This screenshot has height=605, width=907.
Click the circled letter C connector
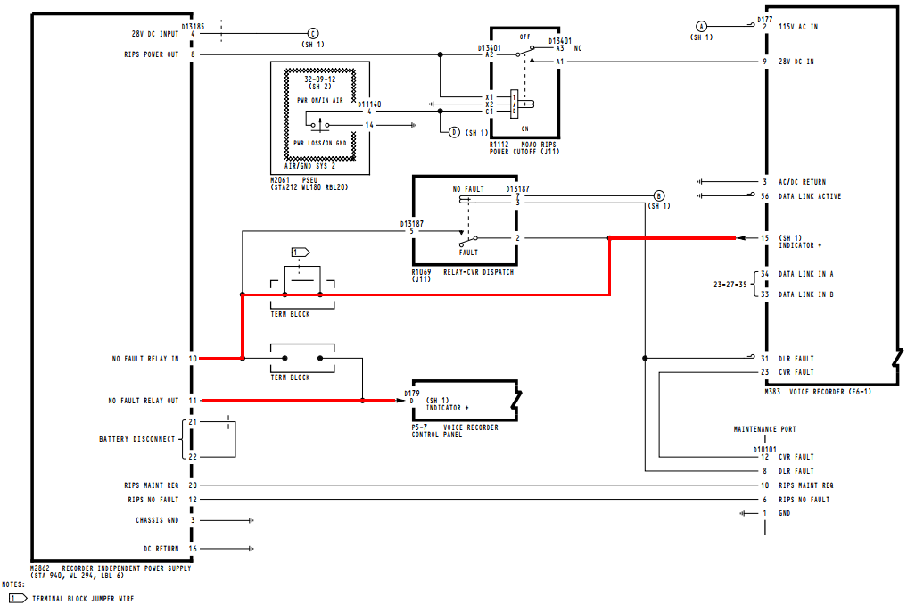click(x=313, y=34)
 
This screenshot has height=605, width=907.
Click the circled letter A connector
click(x=701, y=27)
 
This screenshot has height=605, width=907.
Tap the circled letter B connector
click(x=658, y=195)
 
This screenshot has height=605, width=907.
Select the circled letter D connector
click(x=454, y=133)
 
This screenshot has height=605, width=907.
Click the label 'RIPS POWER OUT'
click(x=152, y=54)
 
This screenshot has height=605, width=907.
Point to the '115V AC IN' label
click(x=798, y=27)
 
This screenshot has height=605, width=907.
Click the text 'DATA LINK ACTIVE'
click(x=810, y=196)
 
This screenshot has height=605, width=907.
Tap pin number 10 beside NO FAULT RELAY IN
click(x=193, y=359)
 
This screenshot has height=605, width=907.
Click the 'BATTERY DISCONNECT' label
click(x=137, y=439)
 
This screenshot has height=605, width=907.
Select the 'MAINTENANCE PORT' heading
click(x=764, y=429)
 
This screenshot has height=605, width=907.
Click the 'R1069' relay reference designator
click(x=421, y=271)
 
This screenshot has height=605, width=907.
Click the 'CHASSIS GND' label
click(x=157, y=520)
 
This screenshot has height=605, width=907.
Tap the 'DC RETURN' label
click(x=161, y=548)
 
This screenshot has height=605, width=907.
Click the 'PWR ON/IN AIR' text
click(x=320, y=100)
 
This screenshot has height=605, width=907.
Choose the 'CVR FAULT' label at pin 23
click(x=796, y=372)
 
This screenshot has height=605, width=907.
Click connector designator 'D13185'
click(x=194, y=27)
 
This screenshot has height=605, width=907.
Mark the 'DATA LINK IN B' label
click(x=806, y=294)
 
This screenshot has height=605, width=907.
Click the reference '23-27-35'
click(x=730, y=285)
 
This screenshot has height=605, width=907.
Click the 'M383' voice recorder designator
click(x=772, y=392)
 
